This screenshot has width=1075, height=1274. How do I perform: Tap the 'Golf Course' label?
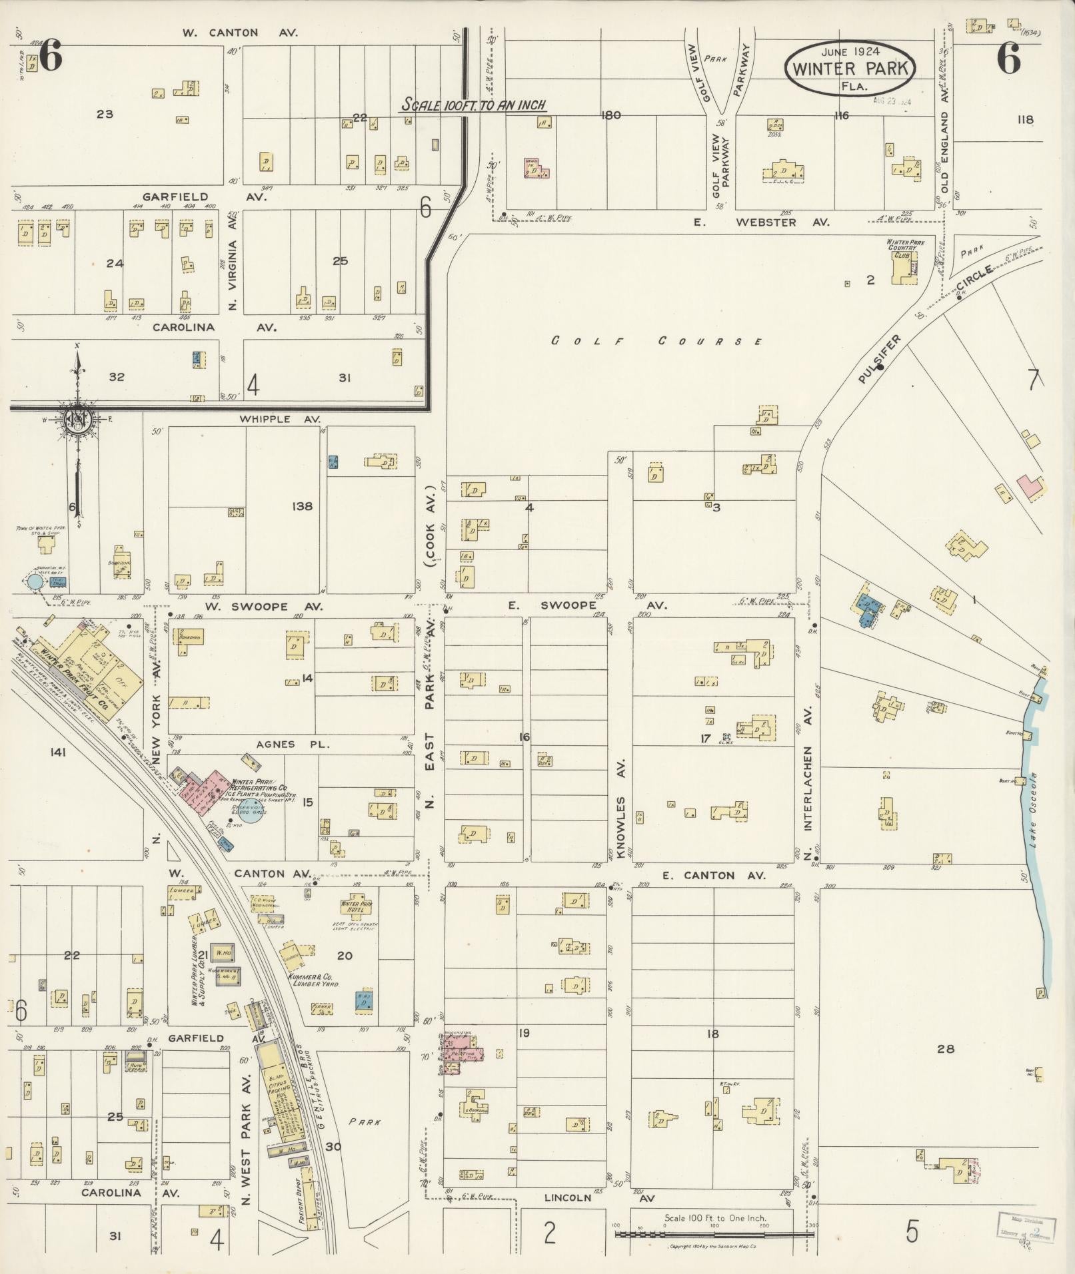pyautogui.click(x=656, y=341)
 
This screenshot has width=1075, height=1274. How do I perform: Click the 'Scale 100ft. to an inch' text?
pyautogui.click(x=474, y=105)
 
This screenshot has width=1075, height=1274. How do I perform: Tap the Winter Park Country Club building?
pyautogui.click(x=904, y=266)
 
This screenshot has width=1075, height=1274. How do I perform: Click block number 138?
pyautogui.click(x=302, y=506)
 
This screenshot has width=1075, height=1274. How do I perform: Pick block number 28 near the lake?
pyautogui.click(x=945, y=1049)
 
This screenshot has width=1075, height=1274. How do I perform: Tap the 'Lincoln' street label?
pyautogui.click(x=568, y=1197)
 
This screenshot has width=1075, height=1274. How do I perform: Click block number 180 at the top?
pyautogui.click(x=610, y=115)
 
